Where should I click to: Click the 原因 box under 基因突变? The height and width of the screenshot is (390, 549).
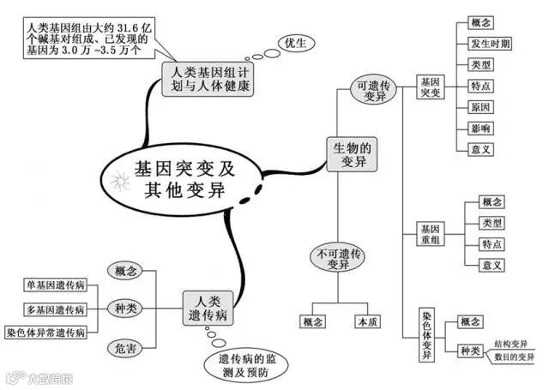(x=480, y=108)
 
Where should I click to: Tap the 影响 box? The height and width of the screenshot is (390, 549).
(x=480, y=129)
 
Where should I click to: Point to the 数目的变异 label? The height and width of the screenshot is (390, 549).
(x=513, y=356)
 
